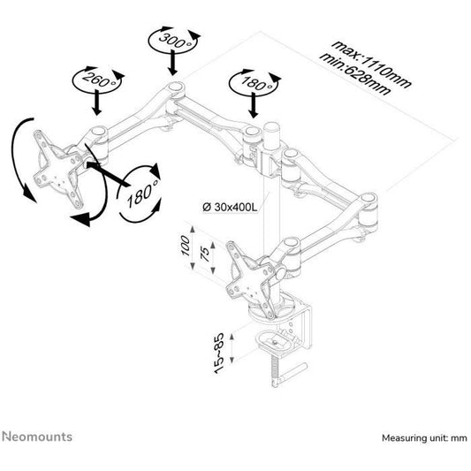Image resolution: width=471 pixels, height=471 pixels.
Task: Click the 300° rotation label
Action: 171,40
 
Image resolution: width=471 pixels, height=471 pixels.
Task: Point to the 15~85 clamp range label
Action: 219,352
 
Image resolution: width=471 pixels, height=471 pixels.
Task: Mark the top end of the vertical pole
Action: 271,130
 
